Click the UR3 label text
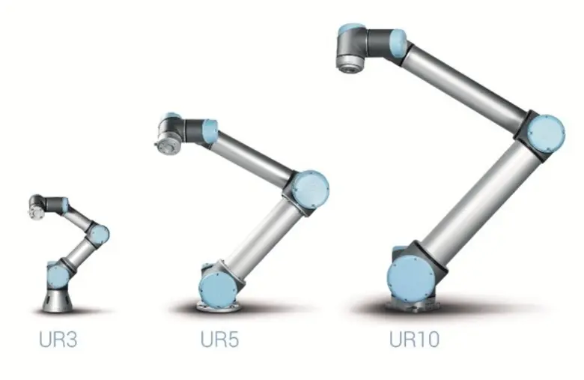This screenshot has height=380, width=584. tap(58, 340)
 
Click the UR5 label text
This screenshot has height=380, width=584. tap(219, 340)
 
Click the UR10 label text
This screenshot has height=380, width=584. tap(414, 340)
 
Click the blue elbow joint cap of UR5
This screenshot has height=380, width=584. tap(309, 187)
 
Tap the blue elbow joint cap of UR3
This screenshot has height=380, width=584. tap(100, 234)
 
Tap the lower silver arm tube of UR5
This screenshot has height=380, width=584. tap(261, 235)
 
